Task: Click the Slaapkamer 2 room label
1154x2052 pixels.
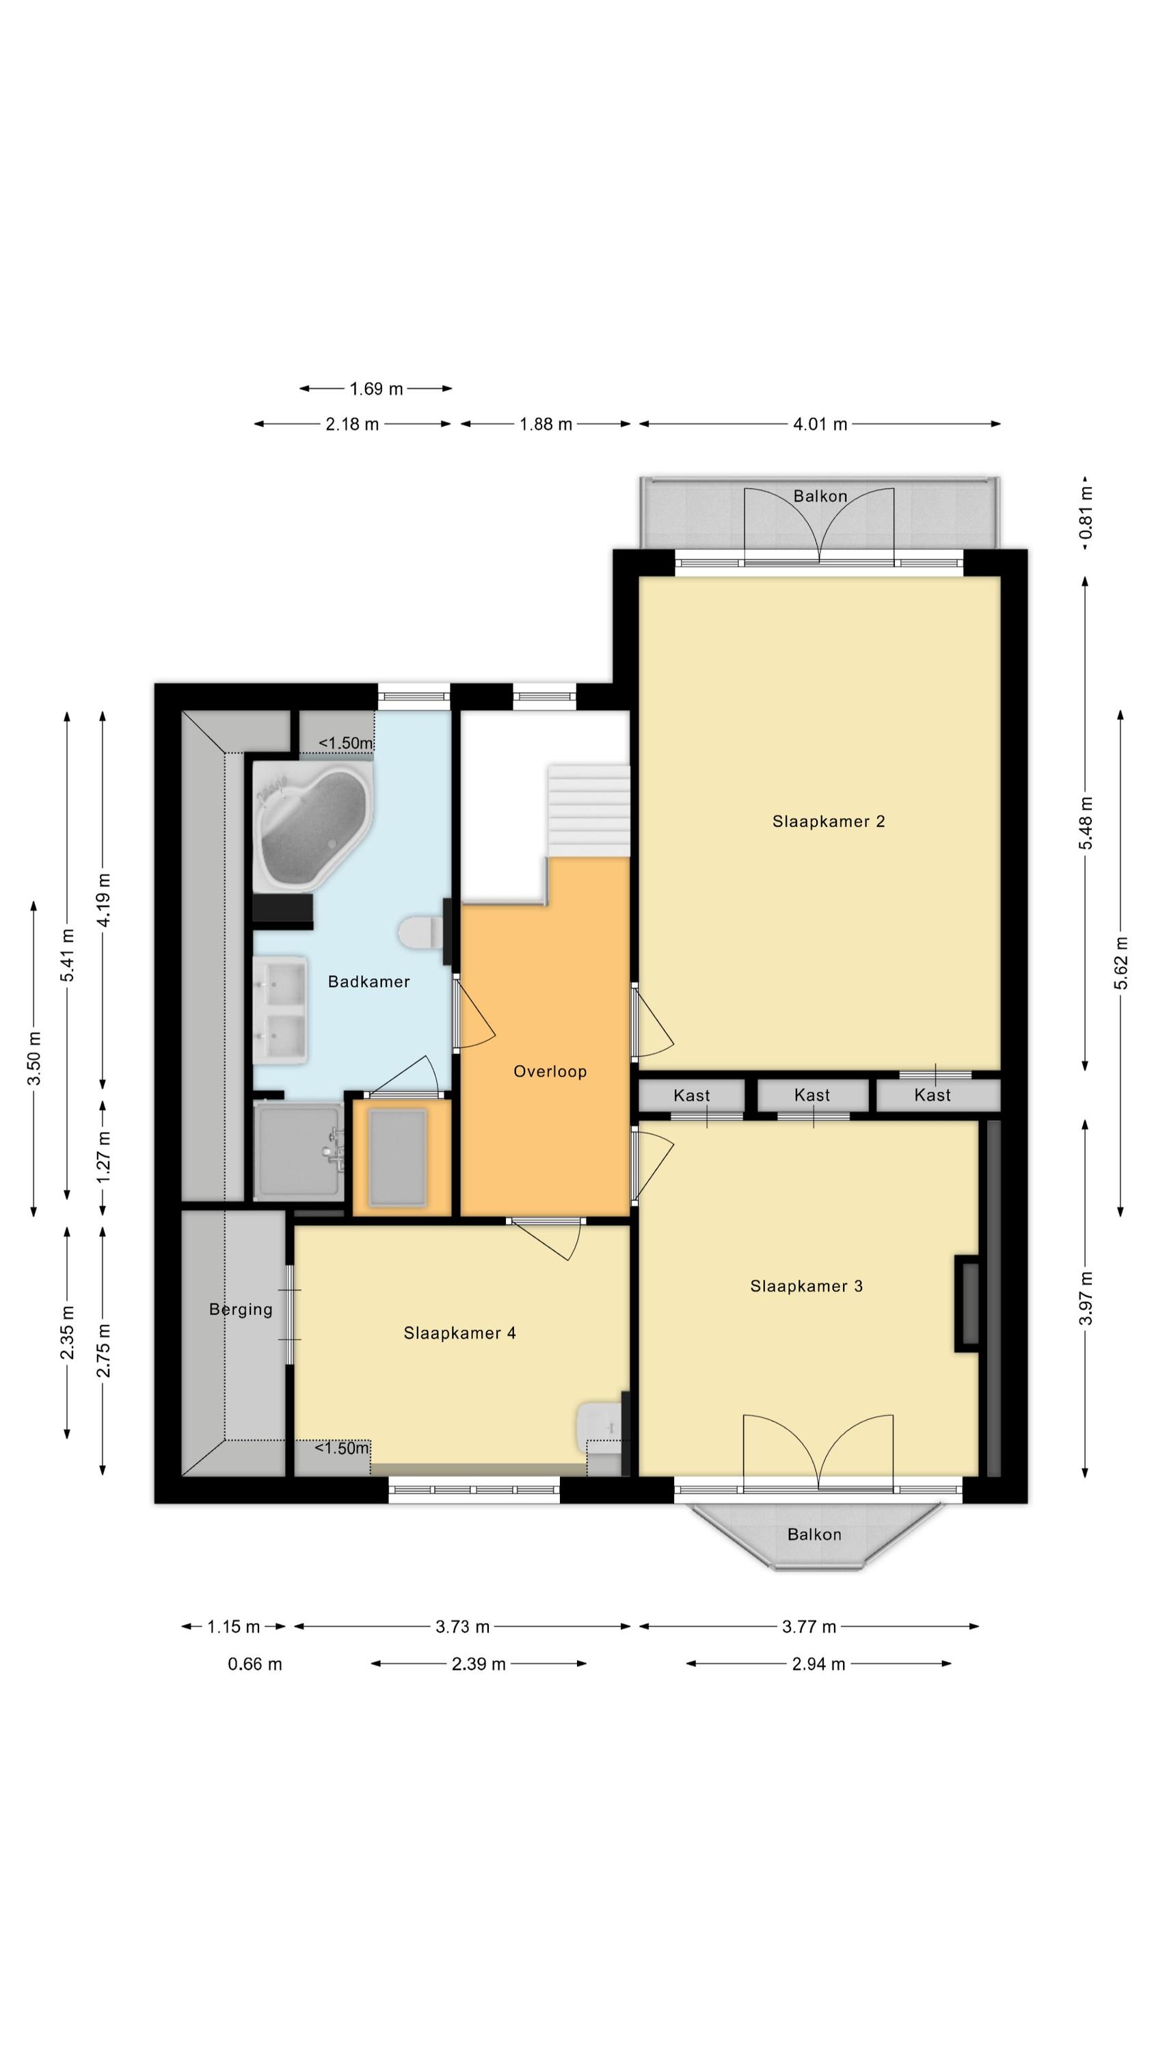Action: click(829, 821)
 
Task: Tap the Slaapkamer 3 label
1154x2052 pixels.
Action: click(806, 1286)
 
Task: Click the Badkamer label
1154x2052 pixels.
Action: click(368, 982)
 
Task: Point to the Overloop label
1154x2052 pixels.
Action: click(550, 1071)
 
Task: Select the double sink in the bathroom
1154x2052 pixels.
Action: click(280, 1010)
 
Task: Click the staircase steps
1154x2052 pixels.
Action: click(588, 809)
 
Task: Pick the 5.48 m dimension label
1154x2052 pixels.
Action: click(1086, 823)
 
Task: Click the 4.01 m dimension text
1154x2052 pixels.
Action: click(820, 424)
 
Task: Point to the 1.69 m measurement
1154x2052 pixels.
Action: click(376, 389)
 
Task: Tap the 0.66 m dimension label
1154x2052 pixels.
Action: click(255, 1664)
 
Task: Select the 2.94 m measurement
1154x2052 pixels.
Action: click(818, 1664)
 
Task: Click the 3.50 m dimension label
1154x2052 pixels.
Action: click(34, 1058)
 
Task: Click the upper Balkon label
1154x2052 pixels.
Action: click(820, 497)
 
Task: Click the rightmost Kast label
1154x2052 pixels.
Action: click(932, 1095)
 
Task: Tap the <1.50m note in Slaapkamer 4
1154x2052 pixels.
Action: click(342, 1448)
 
